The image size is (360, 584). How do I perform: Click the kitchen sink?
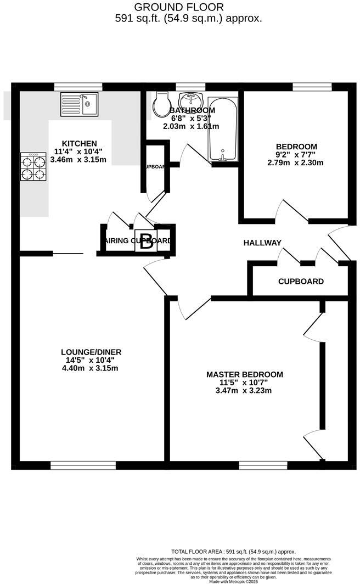pos(79,104)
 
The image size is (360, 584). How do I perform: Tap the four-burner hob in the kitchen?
pos(33,167)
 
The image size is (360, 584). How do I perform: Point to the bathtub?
pos(223,130)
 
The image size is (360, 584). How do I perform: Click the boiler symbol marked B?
pos(146,242)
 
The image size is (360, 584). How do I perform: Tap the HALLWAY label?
pos(262,243)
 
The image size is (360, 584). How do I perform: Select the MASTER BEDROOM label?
pos(245,374)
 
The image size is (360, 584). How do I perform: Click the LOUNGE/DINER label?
pos(91,352)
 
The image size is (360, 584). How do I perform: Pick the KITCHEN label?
pos(80,143)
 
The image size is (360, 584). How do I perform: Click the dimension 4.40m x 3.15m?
pos(91,368)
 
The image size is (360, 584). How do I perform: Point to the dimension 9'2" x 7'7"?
pos(296,155)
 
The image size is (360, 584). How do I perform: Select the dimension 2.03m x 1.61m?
pos(191,126)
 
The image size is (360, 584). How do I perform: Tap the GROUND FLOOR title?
pos(179,7)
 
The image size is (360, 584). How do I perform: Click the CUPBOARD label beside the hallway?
pos(301,282)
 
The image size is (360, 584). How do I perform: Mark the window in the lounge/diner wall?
pos(83,465)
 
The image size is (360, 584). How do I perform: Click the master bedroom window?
pos(263,465)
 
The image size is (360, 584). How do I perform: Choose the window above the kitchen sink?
pos(78,86)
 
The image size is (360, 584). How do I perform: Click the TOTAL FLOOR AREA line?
pos(234,552)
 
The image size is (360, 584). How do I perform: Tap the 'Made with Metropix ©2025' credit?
pos(234,581)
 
